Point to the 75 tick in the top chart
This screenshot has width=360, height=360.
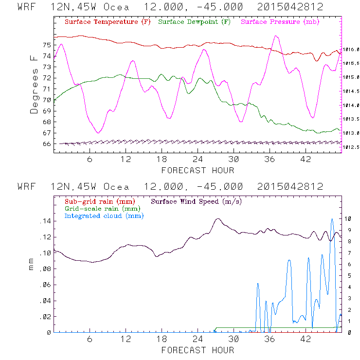(x=46, y=45)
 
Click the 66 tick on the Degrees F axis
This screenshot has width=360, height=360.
(x=46, y=144)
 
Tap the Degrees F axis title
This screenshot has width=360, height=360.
(x=34, y=84)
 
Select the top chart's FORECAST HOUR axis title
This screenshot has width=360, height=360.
(x=198, y=170)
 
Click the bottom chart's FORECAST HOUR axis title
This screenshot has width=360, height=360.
(x=198, y=350)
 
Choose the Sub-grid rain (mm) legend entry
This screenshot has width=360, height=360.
(x=99, y=201)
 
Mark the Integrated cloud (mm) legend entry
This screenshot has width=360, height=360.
(x=104, y=216)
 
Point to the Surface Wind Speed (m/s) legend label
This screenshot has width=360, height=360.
(x=197, y=201)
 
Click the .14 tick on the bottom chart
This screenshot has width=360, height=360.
(x=44, y=221)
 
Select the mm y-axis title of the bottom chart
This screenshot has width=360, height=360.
(x=32, y=267)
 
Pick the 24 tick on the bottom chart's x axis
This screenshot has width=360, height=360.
(x=198, y=339)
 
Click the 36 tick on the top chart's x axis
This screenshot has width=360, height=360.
(x=270, y=159)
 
